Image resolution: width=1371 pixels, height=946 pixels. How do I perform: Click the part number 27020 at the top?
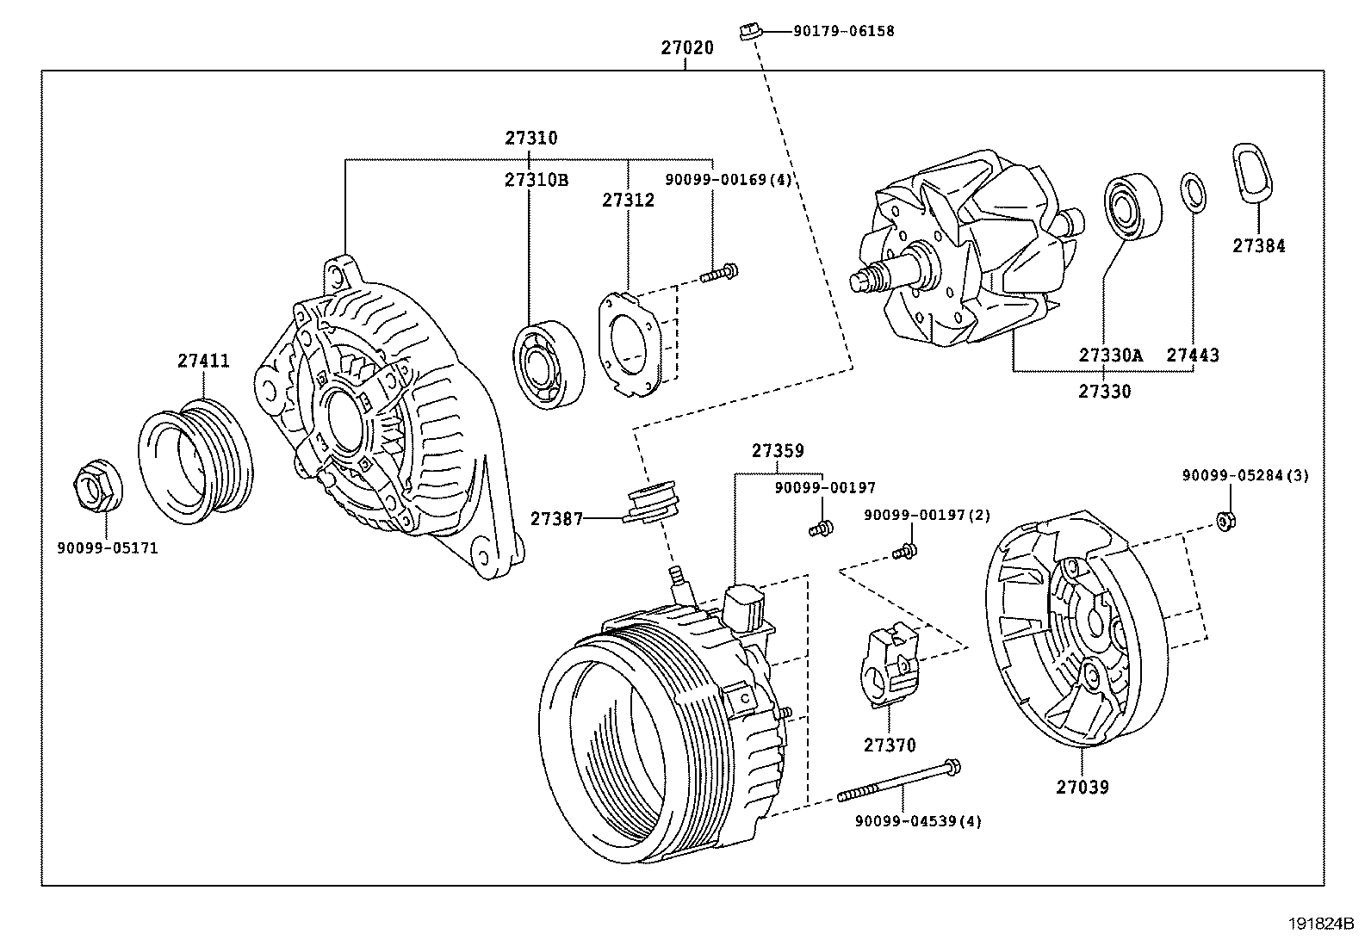click(687, 48)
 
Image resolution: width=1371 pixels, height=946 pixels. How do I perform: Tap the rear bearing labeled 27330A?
click(1132, 207)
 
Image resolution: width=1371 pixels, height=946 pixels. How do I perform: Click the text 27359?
click(777, 450)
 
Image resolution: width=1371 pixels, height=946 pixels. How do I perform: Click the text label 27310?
click(530, 138)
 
